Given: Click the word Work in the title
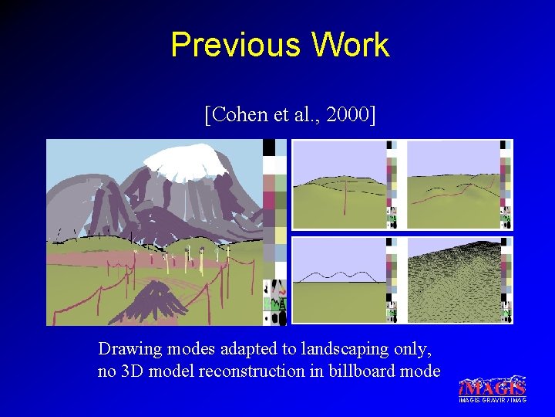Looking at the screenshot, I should pos(351,45).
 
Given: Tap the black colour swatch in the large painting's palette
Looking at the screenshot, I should pos(269,147).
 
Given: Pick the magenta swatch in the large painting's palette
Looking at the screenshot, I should pos(269,200).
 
